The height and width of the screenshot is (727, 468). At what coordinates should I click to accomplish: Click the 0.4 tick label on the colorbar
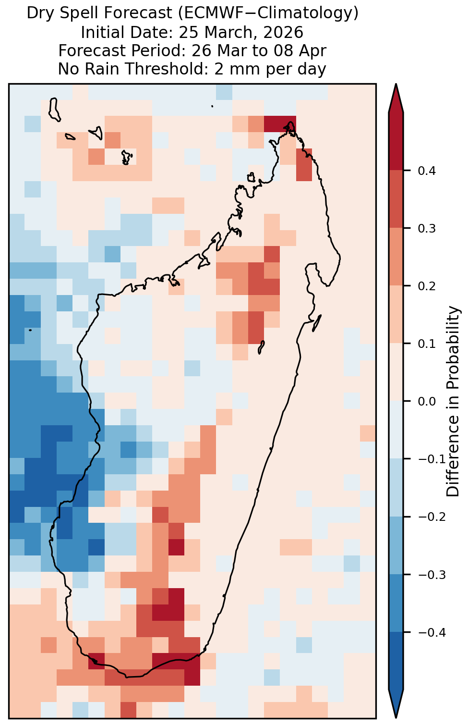coord(427,171)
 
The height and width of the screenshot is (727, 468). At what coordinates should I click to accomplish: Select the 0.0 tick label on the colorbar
coord(427,402)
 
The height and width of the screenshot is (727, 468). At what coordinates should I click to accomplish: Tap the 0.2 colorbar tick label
coord(427,286)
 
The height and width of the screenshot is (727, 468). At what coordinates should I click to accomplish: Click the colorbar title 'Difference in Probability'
coord(453,402)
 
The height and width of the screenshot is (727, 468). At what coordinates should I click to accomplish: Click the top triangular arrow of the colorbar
coord(396,98)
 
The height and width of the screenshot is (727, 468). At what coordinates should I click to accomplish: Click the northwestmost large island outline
coord(54,110)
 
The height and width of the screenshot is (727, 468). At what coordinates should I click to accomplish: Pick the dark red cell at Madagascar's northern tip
coord(280,124)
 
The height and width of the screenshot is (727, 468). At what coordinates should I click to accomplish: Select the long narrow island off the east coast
coord(316,323)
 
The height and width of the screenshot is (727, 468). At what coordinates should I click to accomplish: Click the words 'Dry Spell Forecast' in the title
coord(99,13)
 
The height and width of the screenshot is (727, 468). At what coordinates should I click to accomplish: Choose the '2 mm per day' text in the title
coord(270,69)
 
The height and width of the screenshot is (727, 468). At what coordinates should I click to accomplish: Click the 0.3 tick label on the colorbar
coord(427,229)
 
